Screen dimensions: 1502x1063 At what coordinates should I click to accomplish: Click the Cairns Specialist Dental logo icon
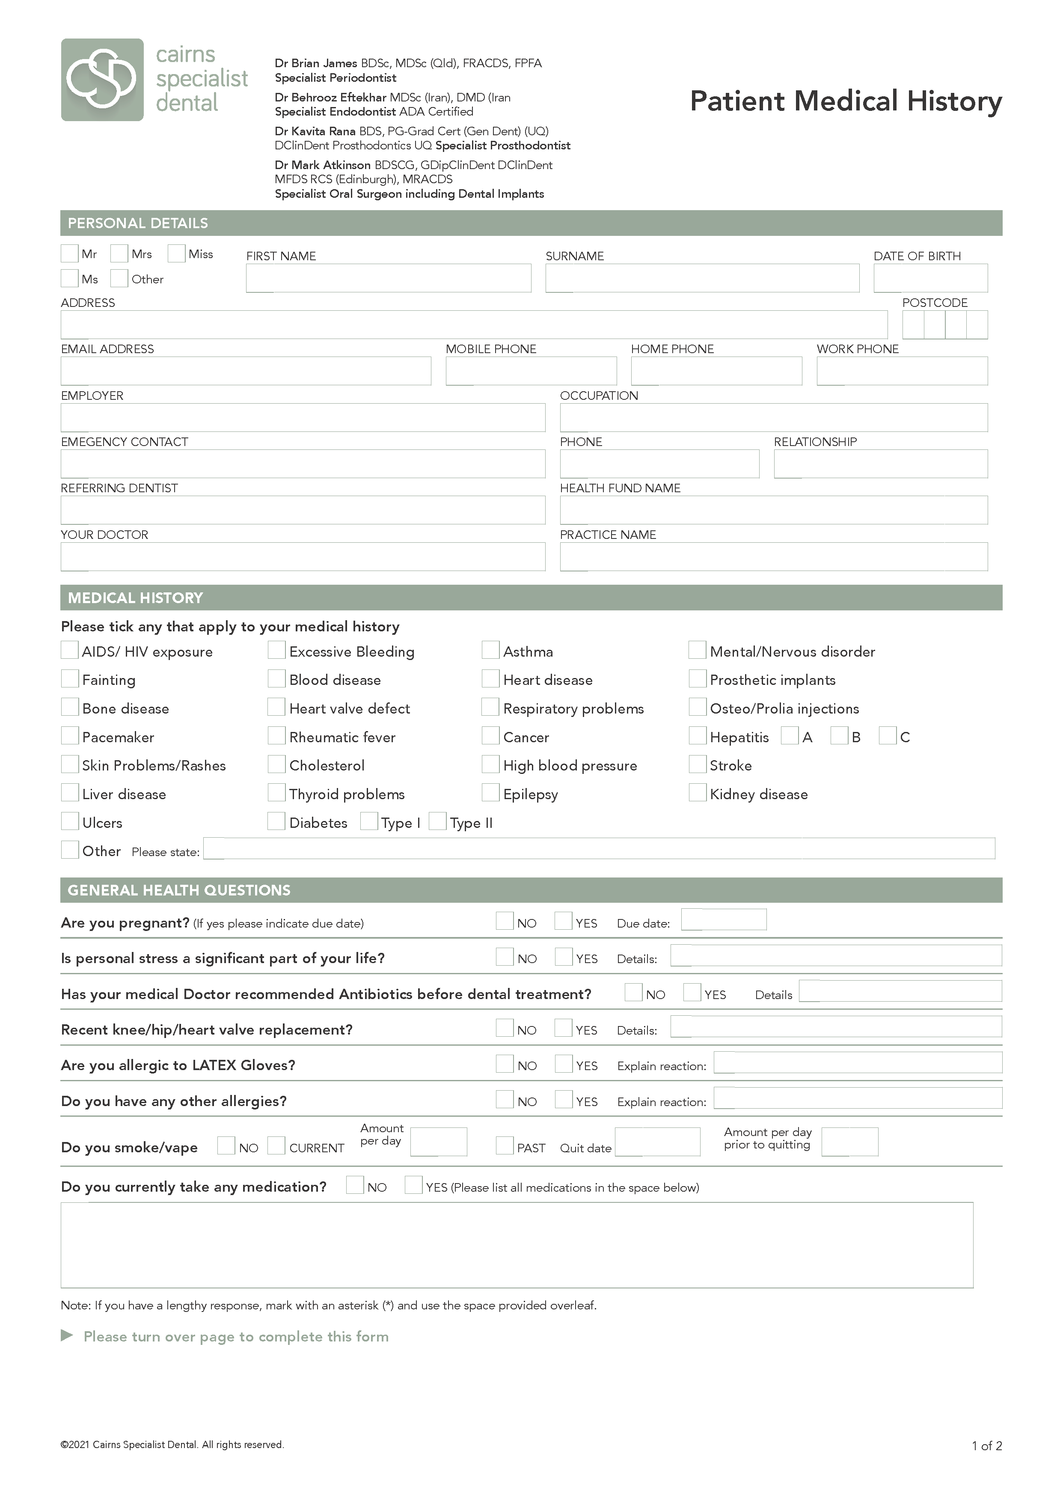pyautogui.click(x=102, y=80)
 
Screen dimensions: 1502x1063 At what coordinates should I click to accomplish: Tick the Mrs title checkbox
pyautogui.click(x=119, y=253)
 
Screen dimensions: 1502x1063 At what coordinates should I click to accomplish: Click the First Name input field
pyautogui.click(x=388, y=278)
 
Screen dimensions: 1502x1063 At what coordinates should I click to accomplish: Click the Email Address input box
pyautogui.click(x=246, y=371)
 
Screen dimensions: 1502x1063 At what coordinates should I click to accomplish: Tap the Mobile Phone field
pyautogui.click(x=531, y=371)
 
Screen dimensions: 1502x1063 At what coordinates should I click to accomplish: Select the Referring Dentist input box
pyautogui.click(x=303, y=510)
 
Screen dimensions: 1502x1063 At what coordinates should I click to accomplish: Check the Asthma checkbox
pyautogui.click(x=490, y=650)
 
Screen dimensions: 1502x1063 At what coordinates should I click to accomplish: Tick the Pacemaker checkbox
pyautogui.click(x=69, y=736)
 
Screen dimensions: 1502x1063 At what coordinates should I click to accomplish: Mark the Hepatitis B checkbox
pyautogui.click(x=838, y=736)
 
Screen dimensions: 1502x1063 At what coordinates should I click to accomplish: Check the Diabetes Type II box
pyautogui.click(x=437, y=822)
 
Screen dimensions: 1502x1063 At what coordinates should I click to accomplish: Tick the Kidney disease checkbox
pyautogui.click(x=697, y=793)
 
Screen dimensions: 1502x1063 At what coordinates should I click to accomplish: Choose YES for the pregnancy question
pyautogui.click(x=563, y=921)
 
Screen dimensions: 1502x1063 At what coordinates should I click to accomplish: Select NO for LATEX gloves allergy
pyautogui.click(x=505, y=1064)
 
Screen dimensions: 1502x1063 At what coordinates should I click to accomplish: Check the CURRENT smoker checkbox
pyautogui.click(x=276, y=1146)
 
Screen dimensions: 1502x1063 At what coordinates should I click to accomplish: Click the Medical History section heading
pyautogui.click(x=136, y=598)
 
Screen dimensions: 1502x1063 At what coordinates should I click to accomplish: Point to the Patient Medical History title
pyautogui.click(x=846, y=101)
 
